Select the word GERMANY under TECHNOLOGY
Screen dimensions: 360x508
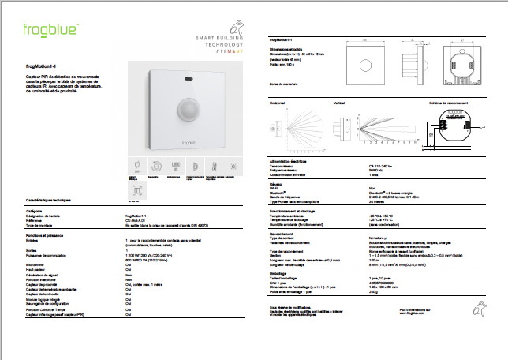pos(230,51)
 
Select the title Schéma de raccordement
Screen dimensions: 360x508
pos(448,103)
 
